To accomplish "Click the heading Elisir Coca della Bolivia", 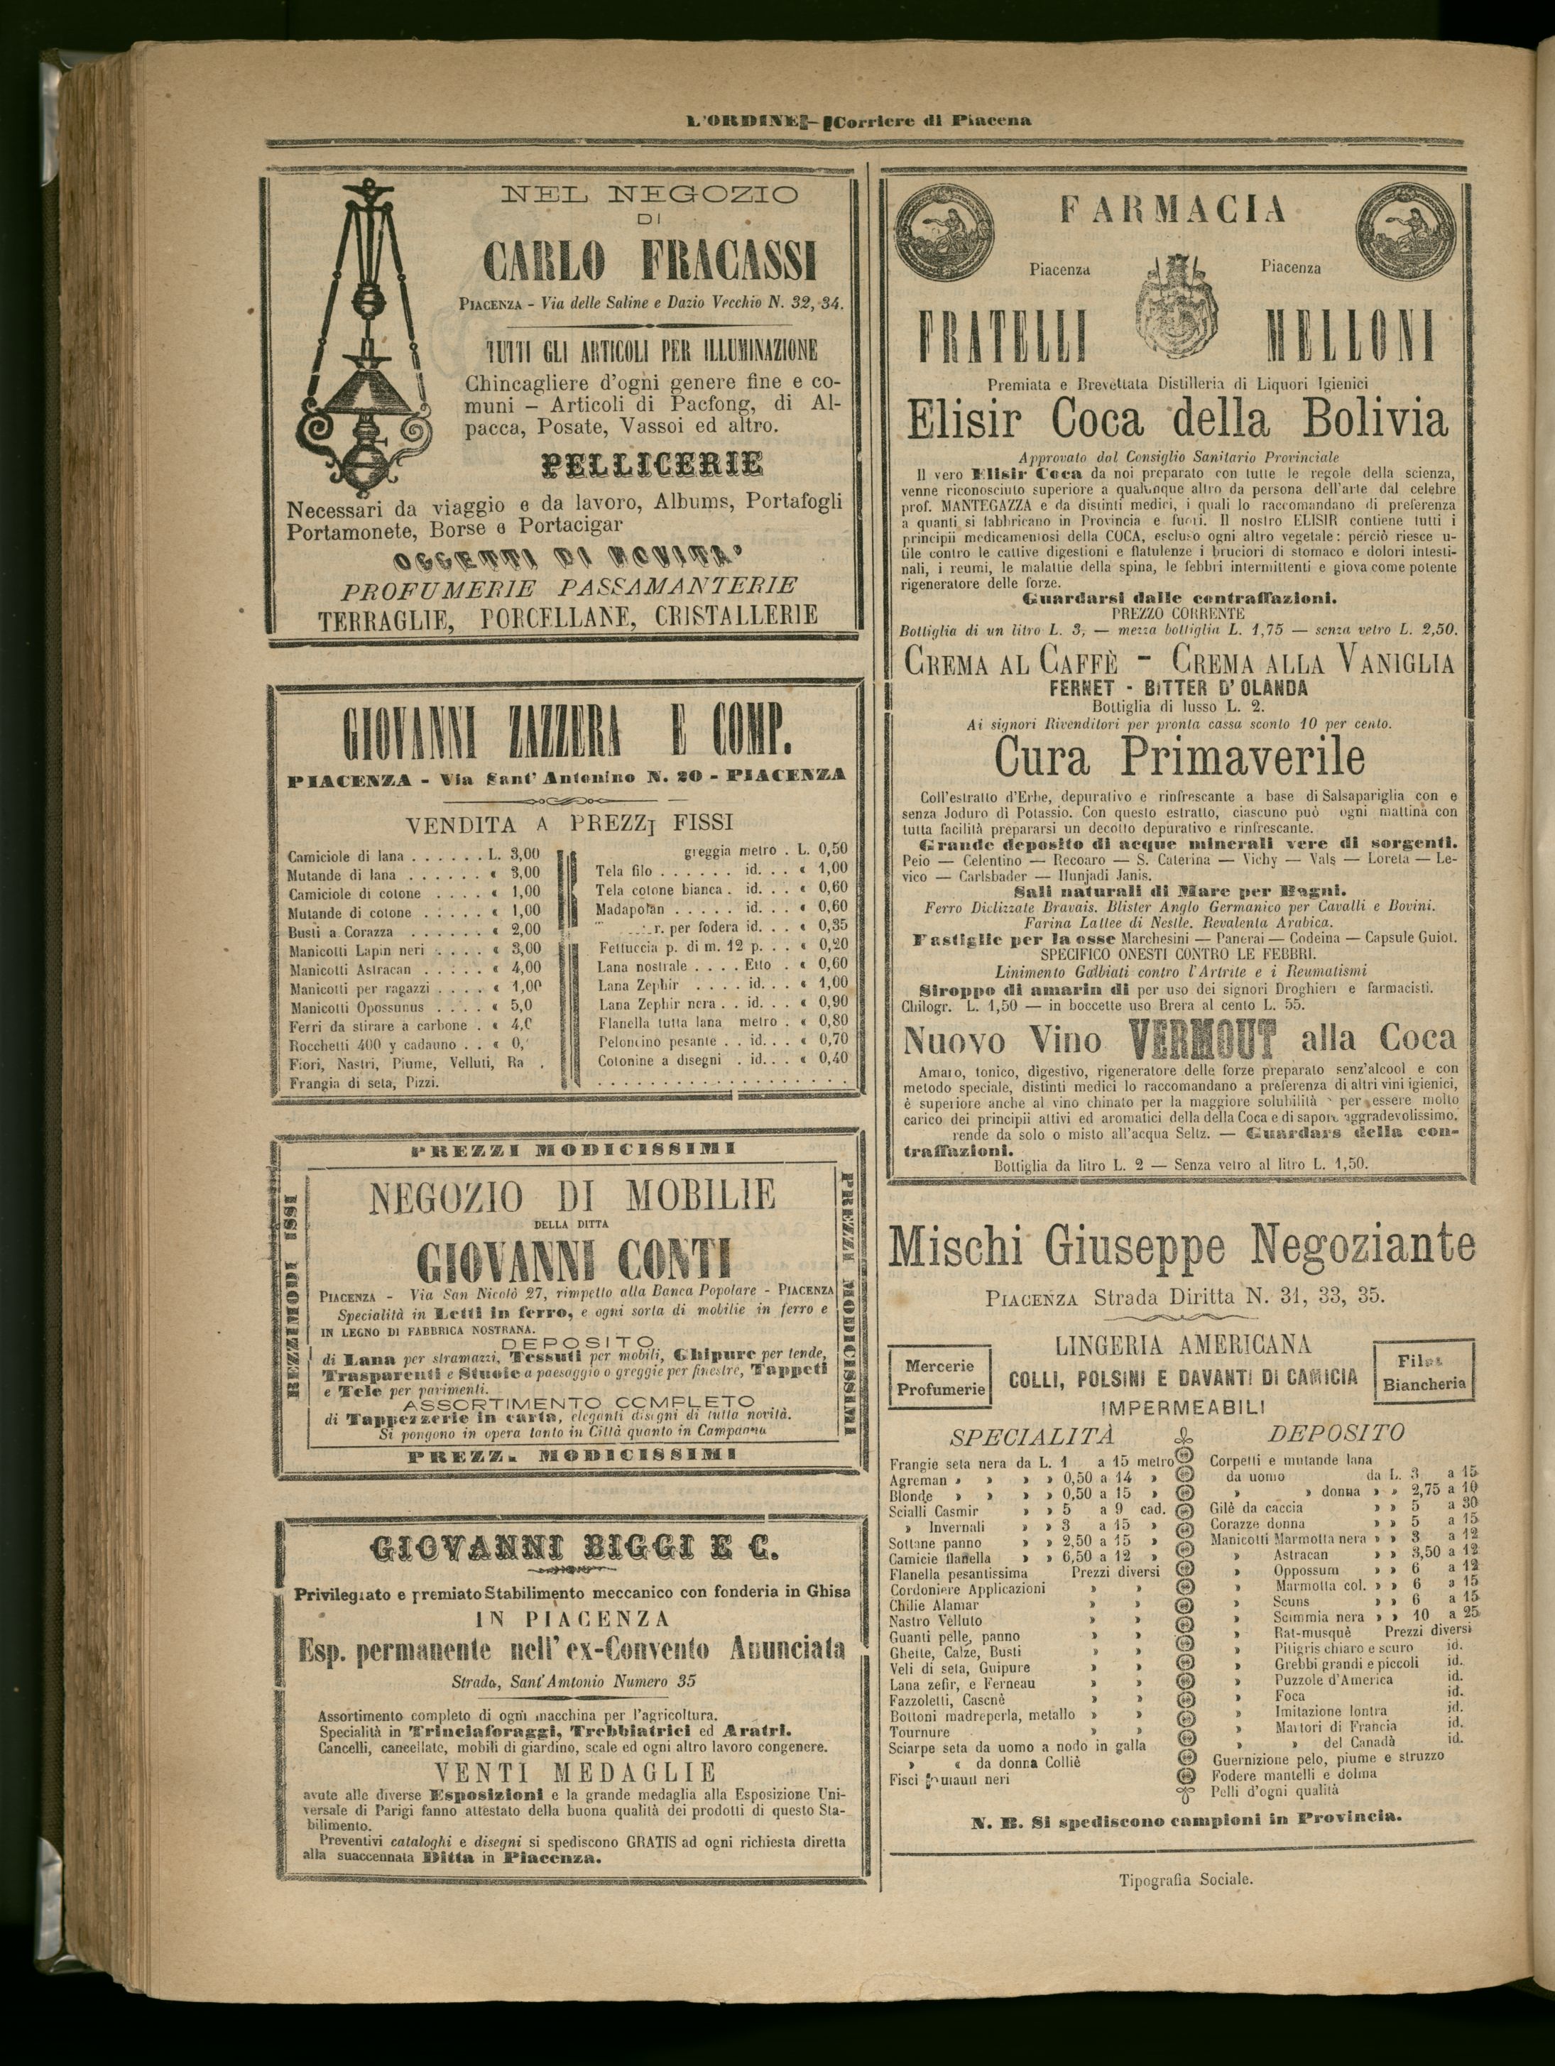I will pos(1177,421).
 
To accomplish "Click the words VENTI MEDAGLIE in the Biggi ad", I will pos(577,1773).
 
